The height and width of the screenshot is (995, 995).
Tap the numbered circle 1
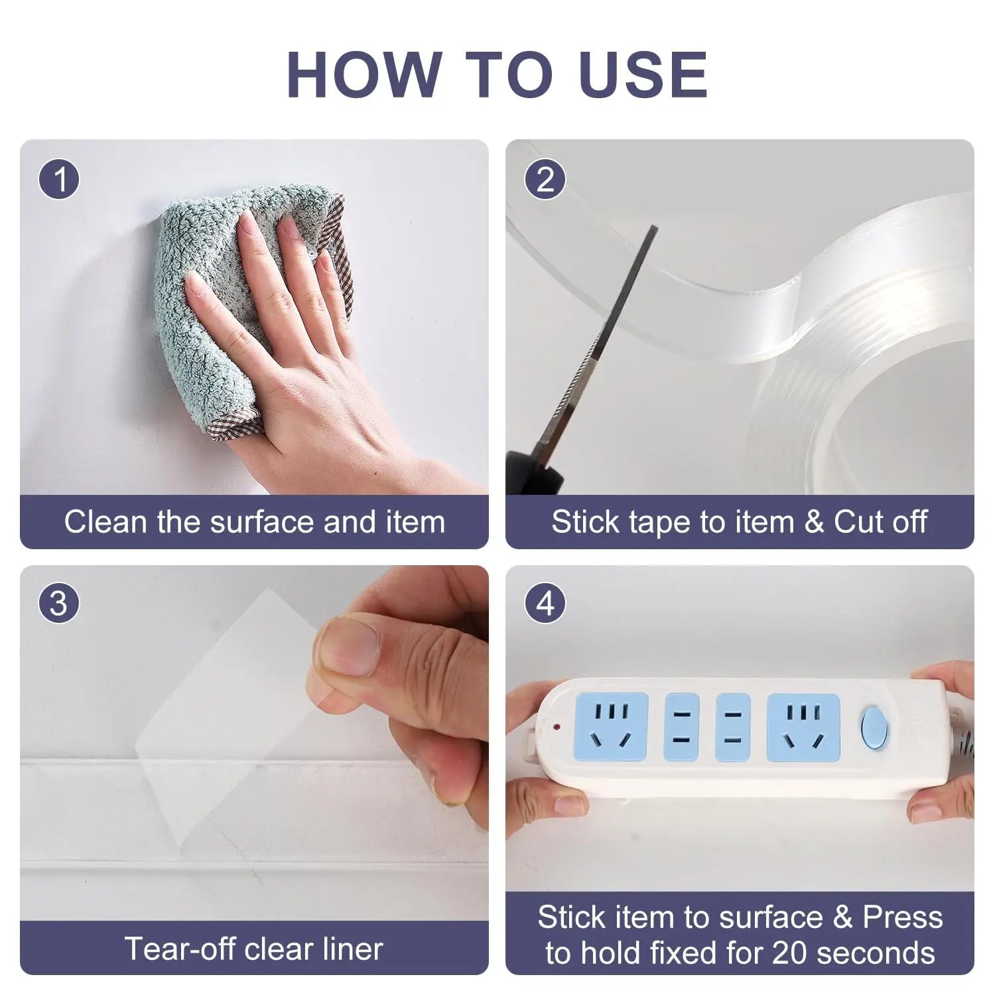59,180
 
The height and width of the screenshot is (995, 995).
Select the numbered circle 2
545,180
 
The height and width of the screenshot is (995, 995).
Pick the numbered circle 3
59,604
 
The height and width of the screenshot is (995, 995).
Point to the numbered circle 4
545,604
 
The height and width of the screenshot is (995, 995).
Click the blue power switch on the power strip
874,727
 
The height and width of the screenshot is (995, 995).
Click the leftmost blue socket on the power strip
611,727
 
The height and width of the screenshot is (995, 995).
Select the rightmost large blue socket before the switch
803,727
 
